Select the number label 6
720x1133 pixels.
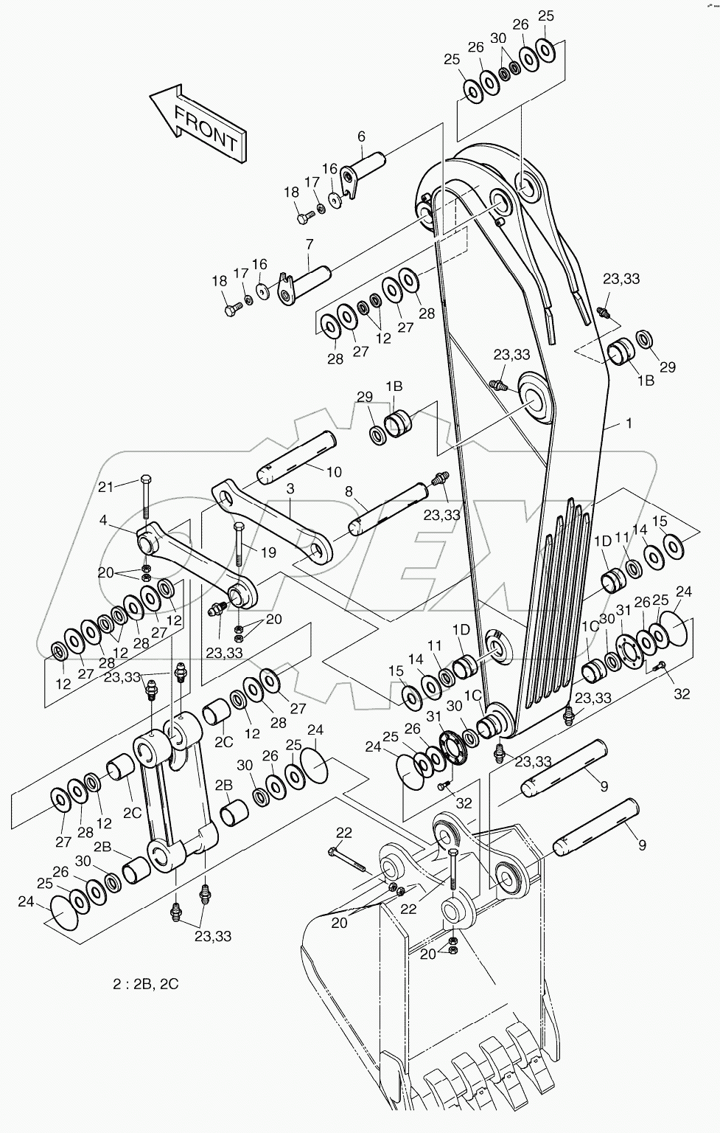(361, 136)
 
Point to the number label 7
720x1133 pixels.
(309, 243)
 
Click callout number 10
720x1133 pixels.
(334, 471)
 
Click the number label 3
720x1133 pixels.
(290, 489)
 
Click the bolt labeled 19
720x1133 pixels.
(238, 545)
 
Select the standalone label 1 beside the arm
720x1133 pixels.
(628, 423)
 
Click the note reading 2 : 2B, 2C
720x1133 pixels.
(145, 984)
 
